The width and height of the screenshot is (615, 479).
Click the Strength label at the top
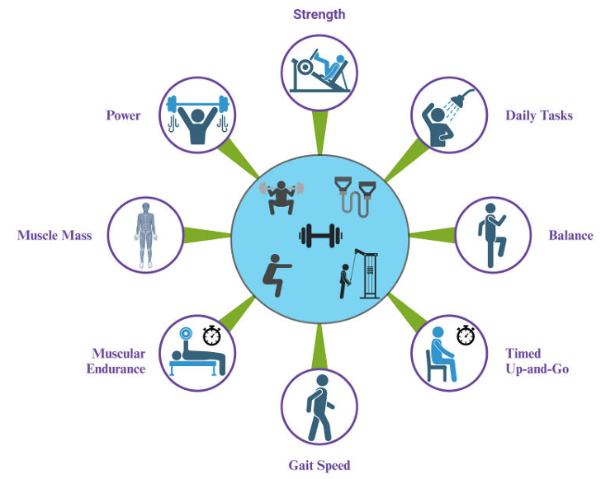click(319, 15)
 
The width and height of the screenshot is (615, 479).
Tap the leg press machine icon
click(319, 71)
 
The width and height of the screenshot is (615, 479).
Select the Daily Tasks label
click(539, 115)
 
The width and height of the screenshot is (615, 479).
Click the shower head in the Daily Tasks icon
click(461, 98)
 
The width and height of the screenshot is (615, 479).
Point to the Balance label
click(570, 236)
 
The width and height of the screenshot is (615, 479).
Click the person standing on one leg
click(492, 236)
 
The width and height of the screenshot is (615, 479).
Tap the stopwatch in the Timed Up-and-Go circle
click(466, 336)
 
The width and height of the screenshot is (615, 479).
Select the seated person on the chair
click(442, 355)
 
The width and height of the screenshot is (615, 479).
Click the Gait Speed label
click(319, 466)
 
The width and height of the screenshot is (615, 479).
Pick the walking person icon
click(320, 408)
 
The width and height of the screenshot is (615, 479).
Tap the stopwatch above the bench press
click(212, 336)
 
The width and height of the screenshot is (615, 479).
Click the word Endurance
click(116, 369)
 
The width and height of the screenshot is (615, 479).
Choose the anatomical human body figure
click(145, 235)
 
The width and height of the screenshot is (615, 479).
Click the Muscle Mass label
click(54, 236)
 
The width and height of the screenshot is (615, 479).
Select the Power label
click(123, 115)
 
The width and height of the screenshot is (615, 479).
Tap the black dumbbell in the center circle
click(320, 236)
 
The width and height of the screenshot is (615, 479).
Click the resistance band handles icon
click(355, 196)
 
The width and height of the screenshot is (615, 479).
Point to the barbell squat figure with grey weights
click(281, 197)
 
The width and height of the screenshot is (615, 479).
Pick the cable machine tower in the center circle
click(368, 275)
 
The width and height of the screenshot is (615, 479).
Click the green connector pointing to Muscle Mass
click(206, 236)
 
